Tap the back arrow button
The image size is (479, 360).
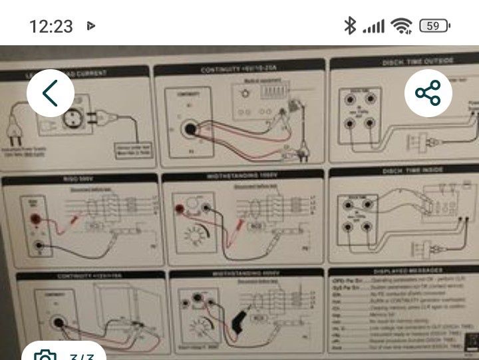pos(50,93)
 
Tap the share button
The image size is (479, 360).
pos(428,93)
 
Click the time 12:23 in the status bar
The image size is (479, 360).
pos(51,26)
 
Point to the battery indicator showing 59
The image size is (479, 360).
pos(434,26)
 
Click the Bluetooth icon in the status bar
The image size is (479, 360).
pos(350,26)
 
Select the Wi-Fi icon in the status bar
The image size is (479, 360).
pos(401,26)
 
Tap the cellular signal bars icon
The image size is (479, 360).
pos(374,26)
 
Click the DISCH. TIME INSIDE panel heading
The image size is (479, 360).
pos(407,171)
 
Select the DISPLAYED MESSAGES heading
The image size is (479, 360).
pos(407,271)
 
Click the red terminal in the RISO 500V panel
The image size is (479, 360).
pos(31,212)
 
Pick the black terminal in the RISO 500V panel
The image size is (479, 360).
pos(41,248)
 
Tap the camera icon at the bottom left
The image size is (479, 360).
pos(44,355)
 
